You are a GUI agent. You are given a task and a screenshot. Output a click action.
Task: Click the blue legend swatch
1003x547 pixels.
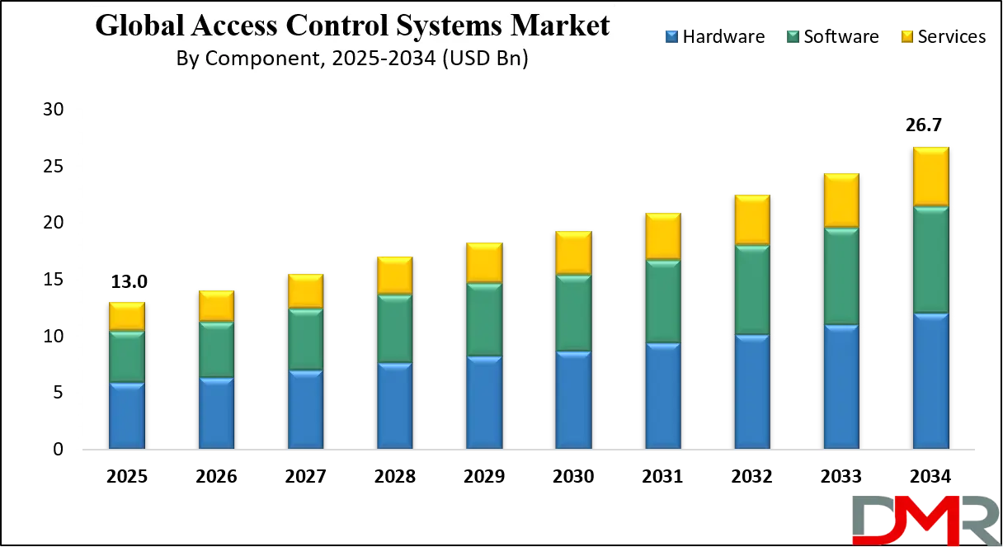tap(670, 36)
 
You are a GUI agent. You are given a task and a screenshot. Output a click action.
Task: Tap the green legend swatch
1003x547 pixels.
tap(794, 36)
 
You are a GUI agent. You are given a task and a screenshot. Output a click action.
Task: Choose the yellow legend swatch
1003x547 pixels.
tap(907, 36)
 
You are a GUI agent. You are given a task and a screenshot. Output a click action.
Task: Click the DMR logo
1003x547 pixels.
tap(924, 520)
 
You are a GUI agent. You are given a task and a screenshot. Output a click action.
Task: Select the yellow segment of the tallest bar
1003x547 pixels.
tap(930, 177)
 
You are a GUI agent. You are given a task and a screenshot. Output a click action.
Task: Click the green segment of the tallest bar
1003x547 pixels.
tap(930, 260)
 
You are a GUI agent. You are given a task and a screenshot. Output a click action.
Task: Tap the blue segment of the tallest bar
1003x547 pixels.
tap(930, 381)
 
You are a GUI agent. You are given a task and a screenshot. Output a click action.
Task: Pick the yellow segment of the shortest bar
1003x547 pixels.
tap(127, 316)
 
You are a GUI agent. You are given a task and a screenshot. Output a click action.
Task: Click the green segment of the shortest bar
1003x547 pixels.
tap(127, 356)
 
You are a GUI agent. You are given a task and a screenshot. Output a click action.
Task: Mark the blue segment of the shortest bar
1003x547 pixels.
tap(127, 416)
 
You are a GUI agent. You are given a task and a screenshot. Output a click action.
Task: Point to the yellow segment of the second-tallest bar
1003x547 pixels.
tap(841, 200)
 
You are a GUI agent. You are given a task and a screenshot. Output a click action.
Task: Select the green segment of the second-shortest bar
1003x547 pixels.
tap(216, 350)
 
